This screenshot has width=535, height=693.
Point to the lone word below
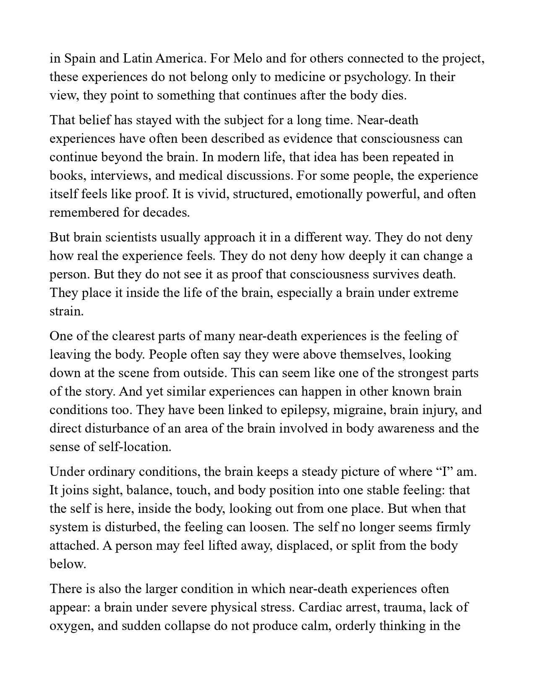pos(68,564)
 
